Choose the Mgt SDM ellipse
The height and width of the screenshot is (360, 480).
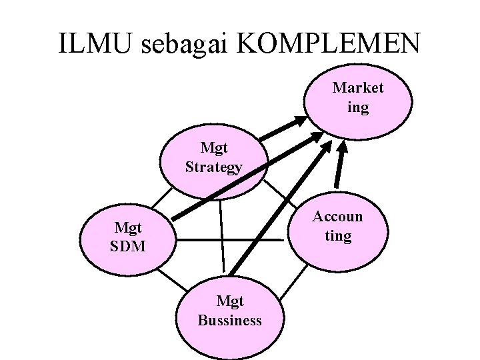click(127, 238)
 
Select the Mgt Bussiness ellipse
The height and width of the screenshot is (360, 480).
click(229, 312)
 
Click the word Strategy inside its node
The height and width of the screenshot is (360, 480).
click(213, 167)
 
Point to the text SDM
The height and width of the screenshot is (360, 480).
click(127, 247)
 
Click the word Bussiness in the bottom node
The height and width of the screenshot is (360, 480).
click(229, 321)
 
